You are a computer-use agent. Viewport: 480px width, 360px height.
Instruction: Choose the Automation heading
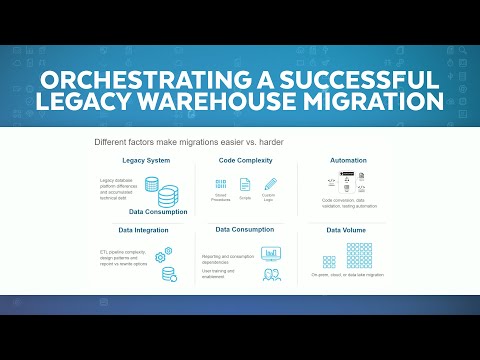[350, 160]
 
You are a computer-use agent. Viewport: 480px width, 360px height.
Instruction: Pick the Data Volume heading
[349, 230]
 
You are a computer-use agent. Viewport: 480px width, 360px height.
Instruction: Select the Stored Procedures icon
[220, 184]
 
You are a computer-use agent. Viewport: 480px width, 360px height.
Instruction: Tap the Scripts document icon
[245, 184]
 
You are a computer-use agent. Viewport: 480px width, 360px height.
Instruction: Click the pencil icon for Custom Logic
[270, 184]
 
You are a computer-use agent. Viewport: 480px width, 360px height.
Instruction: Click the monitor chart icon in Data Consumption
[270, 253]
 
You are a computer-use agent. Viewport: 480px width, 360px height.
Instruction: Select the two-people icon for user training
[270, 274]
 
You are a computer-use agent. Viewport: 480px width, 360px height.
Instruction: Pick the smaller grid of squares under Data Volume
[329, 261]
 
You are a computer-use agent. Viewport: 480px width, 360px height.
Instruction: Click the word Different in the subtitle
[113, 141]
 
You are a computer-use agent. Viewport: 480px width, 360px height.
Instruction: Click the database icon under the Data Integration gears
[169, 272]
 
